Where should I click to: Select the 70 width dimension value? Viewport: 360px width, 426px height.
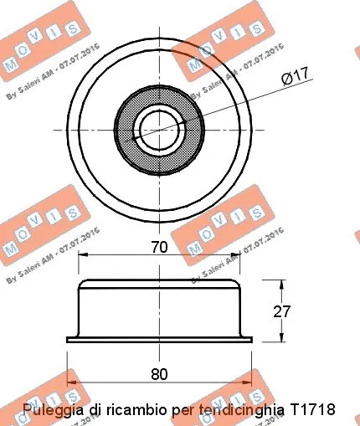coord(160,247)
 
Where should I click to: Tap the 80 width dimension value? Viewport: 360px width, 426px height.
coord(160,372)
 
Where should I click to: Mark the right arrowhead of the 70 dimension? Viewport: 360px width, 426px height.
coord(239,257)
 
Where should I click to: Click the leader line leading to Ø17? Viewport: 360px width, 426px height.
coord(243,100)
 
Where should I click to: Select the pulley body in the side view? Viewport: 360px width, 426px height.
coord(160,311)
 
